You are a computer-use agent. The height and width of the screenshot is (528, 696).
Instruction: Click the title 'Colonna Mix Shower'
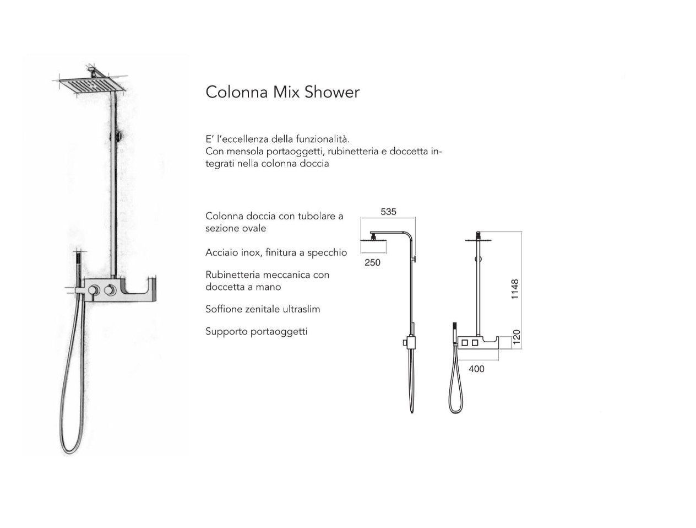point(282,92)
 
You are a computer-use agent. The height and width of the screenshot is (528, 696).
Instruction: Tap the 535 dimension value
point(388,212)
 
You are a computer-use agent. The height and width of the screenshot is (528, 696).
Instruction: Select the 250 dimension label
point(372,262)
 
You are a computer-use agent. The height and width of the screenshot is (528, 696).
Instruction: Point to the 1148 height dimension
point(515,289)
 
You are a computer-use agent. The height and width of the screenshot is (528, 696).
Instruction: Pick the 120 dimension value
point(516,337)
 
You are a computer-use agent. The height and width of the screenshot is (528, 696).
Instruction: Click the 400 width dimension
point(476,369)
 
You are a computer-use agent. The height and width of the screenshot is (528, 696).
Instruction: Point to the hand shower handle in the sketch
point(78,268)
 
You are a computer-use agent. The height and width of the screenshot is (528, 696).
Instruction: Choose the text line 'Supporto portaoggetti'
point(256,332)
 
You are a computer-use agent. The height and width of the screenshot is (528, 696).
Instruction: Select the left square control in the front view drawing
point(465,343)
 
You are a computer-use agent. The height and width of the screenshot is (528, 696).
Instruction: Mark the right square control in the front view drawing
point(475,343)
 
